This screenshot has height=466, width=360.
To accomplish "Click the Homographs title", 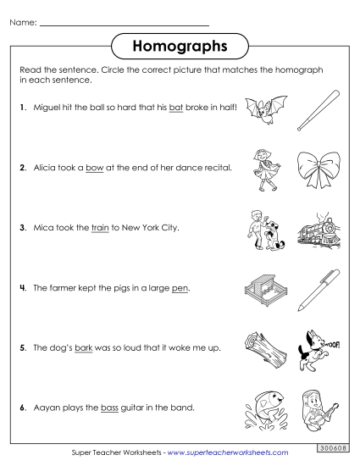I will coord(180,43).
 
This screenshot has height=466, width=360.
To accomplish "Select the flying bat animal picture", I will coord(259,111).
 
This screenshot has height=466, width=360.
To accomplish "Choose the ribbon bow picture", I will coord(314,172).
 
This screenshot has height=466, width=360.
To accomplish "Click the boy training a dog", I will coord(259,229).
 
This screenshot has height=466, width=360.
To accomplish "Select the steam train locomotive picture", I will coord(315,230).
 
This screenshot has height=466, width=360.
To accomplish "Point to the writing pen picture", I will coord(315,289).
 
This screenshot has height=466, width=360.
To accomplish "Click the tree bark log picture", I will coord(259,347).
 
